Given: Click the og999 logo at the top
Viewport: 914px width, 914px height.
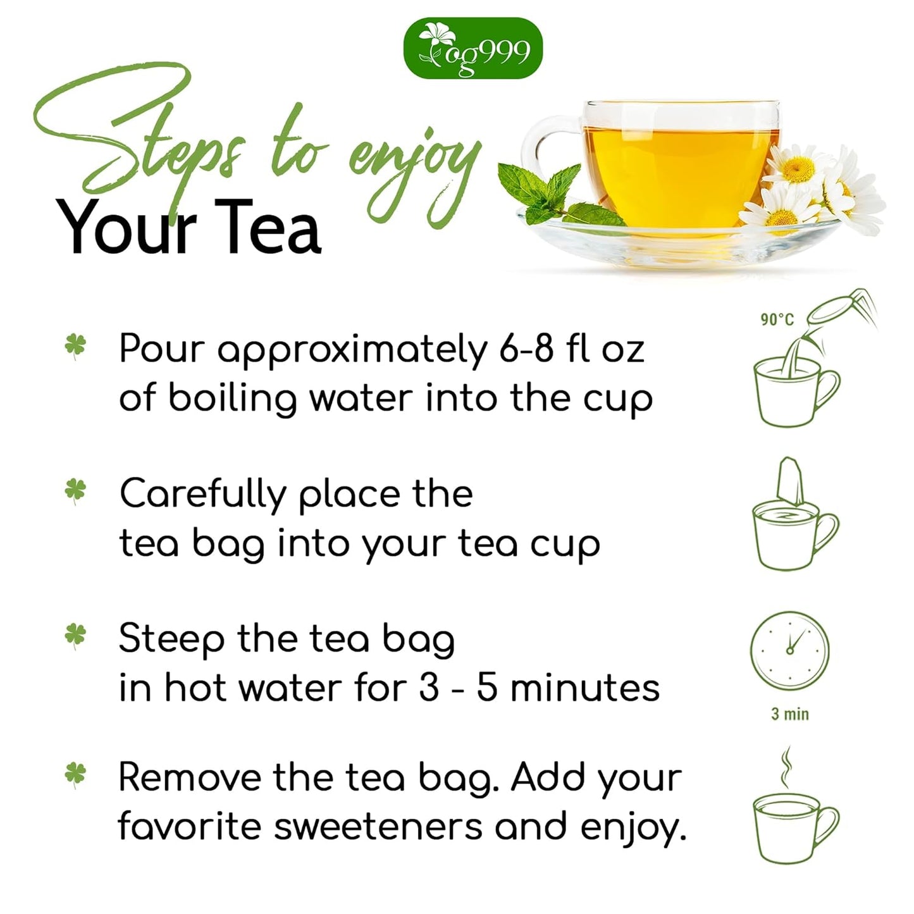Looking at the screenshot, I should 472,49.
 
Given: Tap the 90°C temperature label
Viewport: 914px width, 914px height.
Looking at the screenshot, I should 777,319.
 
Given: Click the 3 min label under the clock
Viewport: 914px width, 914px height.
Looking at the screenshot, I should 789,714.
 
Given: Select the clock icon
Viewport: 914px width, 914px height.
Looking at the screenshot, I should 789,651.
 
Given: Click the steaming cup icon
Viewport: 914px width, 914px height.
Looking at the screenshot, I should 795,816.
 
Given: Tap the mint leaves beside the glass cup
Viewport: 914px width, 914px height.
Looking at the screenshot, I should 544,190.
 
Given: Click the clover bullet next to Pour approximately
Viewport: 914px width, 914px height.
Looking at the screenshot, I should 75,347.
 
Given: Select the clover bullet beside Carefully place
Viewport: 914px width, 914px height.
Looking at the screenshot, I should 75,491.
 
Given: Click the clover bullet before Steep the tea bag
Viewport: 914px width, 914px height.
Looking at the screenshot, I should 75,634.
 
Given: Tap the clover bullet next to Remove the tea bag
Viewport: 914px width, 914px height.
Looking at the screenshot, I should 75,775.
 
